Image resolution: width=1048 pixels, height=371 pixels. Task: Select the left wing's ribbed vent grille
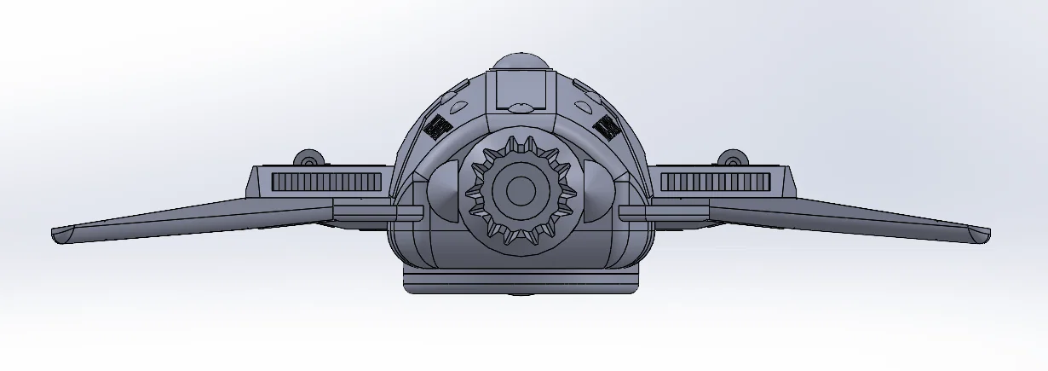coord(326,181)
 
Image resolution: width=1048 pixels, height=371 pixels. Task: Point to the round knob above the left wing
coord(308,159)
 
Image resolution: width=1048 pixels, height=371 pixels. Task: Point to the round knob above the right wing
coord(731,159)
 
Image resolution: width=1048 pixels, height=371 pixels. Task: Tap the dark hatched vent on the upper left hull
coord(438,126)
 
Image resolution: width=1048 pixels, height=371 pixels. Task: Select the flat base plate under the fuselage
coord(521,281)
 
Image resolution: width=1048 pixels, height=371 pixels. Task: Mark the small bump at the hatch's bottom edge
coord(520,107)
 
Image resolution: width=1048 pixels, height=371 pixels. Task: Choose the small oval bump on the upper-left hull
coord(457,105)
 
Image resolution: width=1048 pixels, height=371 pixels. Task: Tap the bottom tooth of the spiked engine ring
coord(517,241)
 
